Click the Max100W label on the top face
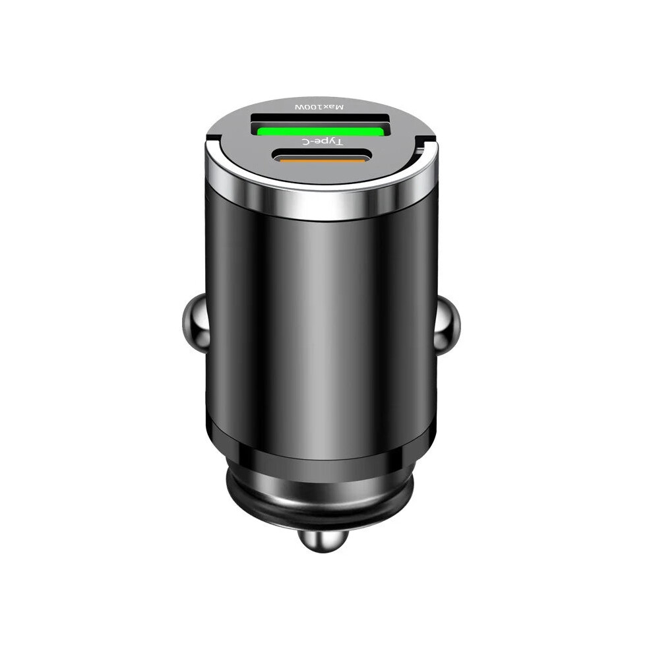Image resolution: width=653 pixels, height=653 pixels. click(x=319, y=107)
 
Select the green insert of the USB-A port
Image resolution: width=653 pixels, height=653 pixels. click(x=319, y=133)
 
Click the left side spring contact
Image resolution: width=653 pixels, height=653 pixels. click(x=194, y=323)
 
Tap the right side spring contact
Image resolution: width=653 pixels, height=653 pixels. click(x=447, y=323)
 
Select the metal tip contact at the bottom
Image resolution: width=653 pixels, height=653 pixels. click(x=324, y=538)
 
